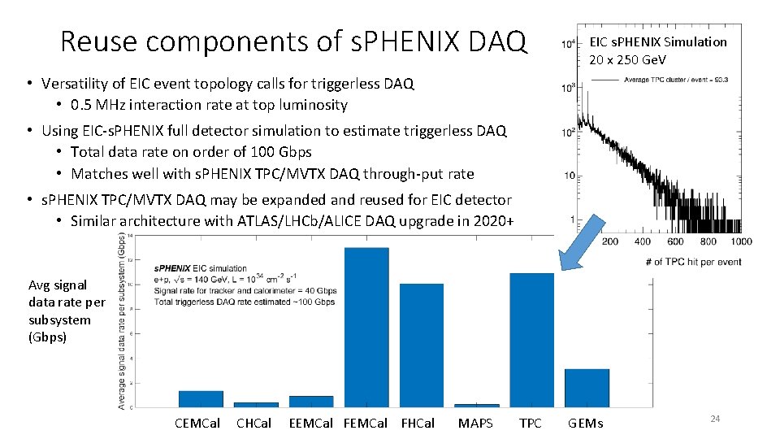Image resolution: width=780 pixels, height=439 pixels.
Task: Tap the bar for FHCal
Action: click(x=421, y=346)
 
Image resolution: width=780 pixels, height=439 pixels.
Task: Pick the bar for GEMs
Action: click(x=587, y=388)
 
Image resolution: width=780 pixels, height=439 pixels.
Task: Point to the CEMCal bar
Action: click(x=201, y=398)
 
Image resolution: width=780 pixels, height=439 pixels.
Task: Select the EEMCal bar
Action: click(x=311, y=401)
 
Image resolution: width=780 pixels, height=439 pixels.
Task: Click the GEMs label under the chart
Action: click(x=585, y=423)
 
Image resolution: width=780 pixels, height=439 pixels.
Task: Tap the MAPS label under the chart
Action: click(x=475, y=423)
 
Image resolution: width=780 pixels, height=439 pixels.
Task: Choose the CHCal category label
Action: click(x=253, y=423)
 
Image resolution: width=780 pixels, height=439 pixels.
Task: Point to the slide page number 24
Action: click(x=715, y=418)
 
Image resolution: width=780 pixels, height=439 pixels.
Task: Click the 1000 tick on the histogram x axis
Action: click(x=740, y=241)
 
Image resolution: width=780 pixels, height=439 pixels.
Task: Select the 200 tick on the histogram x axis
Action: click(x=609, y=241)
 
